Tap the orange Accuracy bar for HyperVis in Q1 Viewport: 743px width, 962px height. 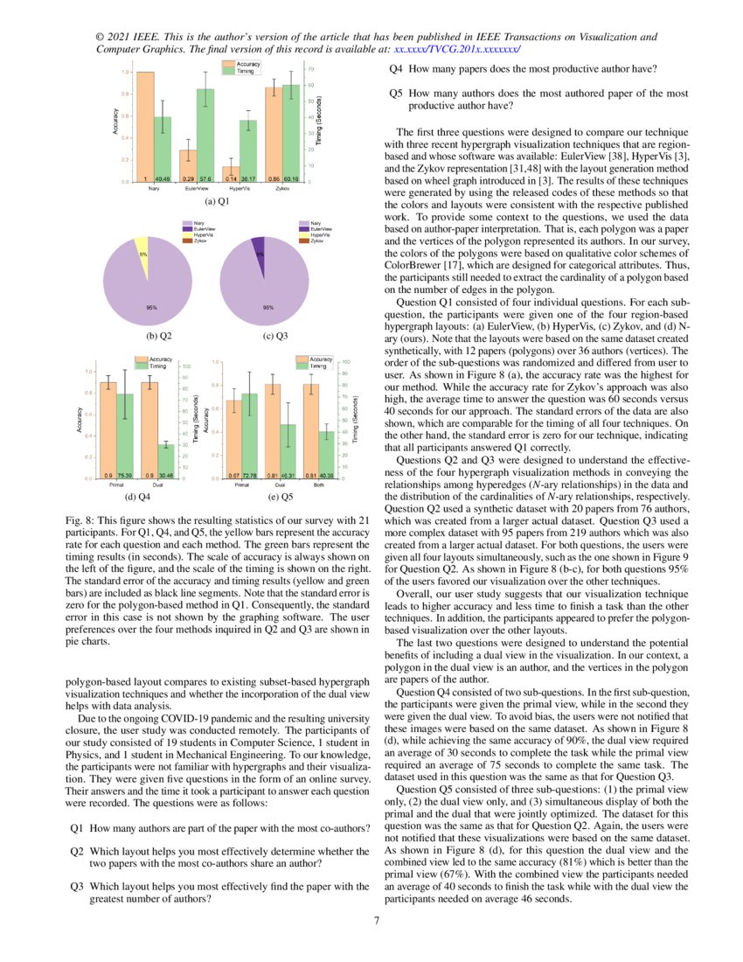[231, 173]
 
